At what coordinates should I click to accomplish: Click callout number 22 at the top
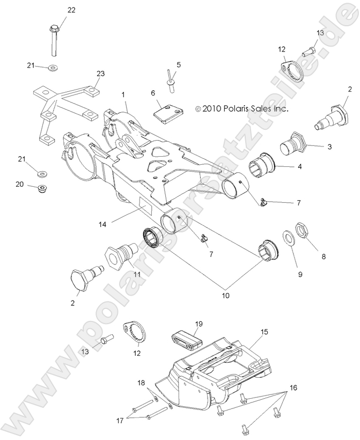click(x=71, y=10)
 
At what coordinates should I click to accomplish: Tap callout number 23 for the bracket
click(x=99, y=73)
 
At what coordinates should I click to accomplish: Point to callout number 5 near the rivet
click(x=179, y=64)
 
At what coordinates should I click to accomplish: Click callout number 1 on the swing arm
click(x=123, y=94)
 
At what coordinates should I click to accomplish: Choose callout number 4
click(x=299, y=166)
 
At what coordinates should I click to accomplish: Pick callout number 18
click(x=141, y=383)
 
